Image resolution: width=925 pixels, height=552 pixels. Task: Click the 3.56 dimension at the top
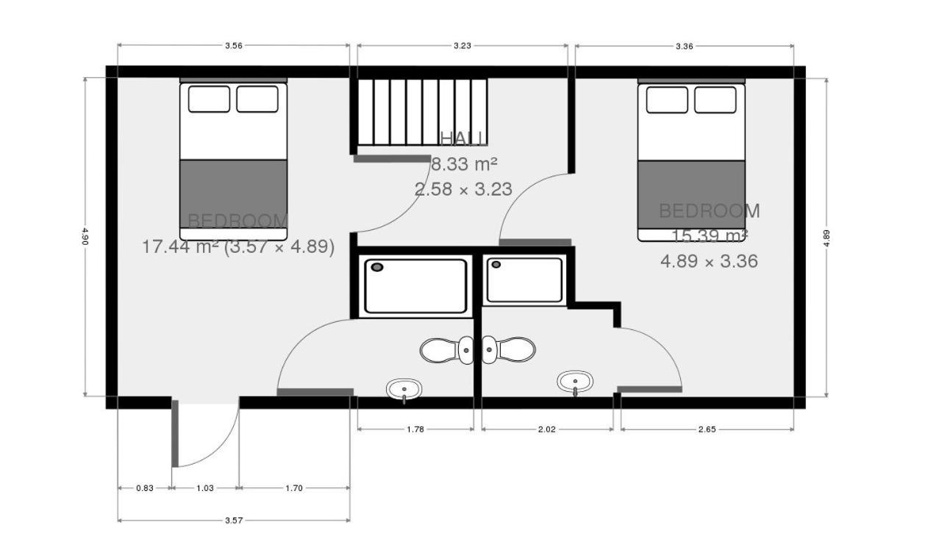point(233,46)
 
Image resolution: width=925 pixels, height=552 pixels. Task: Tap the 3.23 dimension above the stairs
point(462,46)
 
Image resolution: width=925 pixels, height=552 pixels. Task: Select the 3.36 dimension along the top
point(684,46)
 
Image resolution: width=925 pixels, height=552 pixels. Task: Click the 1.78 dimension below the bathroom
point(415,429)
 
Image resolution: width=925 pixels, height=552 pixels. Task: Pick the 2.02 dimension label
point(547,429)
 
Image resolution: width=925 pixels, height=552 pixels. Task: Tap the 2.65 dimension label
point(707,429)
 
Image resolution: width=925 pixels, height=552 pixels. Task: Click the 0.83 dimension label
point(145,487)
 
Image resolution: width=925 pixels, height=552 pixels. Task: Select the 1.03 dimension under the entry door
point(205,487)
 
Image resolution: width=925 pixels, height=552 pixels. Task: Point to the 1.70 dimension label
point(294,487)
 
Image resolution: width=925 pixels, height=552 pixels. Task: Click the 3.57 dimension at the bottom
point(233,520)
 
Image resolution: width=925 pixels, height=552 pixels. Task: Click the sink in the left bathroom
point(404,389)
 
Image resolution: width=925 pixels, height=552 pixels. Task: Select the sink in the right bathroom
point(575,381)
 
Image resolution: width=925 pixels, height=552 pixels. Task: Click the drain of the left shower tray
point(377,267)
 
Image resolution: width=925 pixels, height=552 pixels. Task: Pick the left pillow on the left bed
point(209,99)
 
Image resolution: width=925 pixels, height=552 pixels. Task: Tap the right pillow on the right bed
point(715,100)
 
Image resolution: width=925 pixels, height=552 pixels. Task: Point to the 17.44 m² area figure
point(180,247)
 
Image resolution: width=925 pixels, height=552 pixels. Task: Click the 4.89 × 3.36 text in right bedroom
point(709,261)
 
